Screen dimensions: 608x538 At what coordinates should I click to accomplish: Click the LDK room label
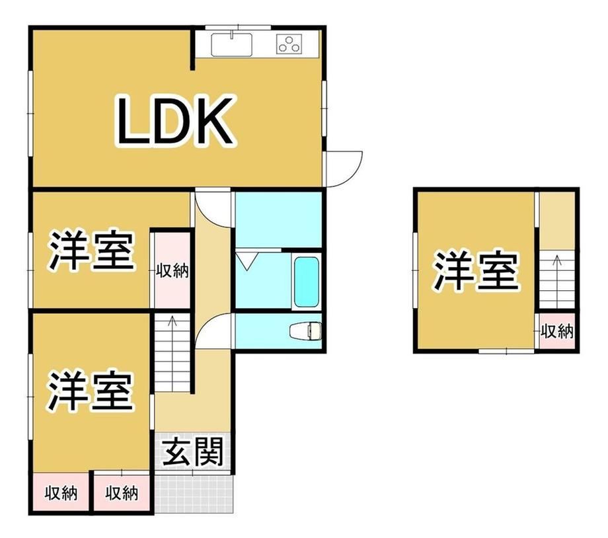click(x=175, y=121)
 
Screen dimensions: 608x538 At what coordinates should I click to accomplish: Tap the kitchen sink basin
click(x=231, y=44)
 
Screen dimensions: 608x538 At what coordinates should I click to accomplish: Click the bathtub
click(x=307, y=282)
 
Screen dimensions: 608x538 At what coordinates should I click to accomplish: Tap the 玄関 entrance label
click(x=193, y=452)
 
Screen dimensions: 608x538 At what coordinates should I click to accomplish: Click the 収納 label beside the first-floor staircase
click(x=172, y=270)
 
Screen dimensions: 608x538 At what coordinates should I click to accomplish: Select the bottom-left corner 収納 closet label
click(x=61, y=493)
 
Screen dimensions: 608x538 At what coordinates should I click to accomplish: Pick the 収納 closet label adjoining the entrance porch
click(x=122, y=493)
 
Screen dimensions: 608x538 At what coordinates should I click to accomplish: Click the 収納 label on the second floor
click(x=557, y=331)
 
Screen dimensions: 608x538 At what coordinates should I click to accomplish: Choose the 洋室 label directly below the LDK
click(x=91, y=250)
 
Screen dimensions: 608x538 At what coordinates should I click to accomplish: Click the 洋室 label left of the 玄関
click(x=91, y=391)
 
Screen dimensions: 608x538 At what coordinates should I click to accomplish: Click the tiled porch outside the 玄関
click(x=194, y=493)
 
